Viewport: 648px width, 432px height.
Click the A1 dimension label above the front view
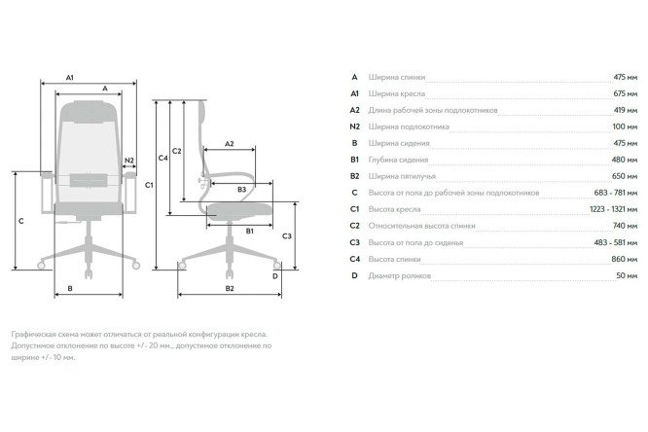coord(70,77)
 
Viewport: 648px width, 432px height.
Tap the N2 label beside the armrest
coord(129,161)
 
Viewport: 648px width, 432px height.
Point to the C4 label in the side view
coord(162,158)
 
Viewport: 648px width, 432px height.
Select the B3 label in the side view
coord(241,190)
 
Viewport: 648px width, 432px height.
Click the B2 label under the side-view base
coord(230,289)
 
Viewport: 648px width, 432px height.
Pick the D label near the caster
coord(274,276)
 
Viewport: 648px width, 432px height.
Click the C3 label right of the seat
coord(286,236)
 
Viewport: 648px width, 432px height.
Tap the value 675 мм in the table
coord(626,93)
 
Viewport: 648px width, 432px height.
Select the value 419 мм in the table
coord(626,110)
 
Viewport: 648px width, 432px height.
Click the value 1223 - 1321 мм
coord(613,209)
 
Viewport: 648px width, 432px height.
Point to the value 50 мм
coord(627,275)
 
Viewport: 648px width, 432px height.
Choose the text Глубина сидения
coord(398,160)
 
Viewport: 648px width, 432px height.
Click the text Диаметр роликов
coord(400,275)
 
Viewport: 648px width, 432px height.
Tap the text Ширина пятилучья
coord(402,176)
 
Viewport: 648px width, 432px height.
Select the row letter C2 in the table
coord(354,226)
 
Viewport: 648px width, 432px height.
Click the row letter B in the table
coord(354,143)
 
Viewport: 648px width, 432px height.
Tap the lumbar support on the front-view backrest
coord(89,180)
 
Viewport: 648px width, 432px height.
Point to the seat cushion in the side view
coord(239,211)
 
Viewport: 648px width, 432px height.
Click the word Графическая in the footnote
coord(33,334)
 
